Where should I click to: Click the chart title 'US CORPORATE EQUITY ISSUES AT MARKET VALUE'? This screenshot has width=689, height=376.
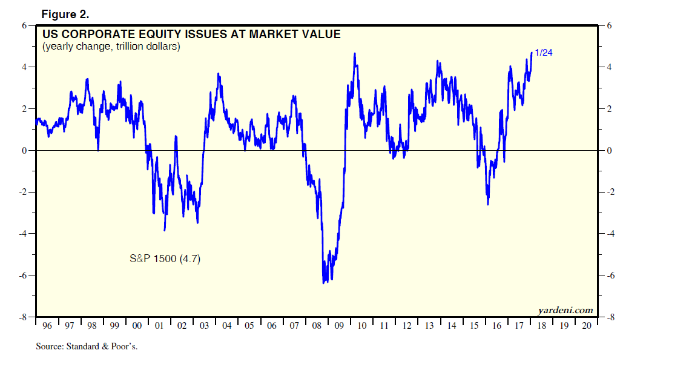(191, 35)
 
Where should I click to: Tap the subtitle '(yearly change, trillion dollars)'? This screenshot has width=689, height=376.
(111, 47)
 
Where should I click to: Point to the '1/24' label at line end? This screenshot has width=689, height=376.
(543, 53)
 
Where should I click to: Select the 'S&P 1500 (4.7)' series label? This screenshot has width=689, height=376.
(165, 259)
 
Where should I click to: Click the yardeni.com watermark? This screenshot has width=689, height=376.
(565, 310)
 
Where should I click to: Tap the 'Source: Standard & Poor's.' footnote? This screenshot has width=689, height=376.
(87, 347)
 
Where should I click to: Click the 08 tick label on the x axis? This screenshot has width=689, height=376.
(317, 326)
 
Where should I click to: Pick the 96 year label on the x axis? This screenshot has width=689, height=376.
(47, 326)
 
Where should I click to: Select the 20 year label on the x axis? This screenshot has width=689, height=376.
(586, 326)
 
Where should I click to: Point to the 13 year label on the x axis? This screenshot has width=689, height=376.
(429, 326)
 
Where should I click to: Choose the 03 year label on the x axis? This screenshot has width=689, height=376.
(204, 326)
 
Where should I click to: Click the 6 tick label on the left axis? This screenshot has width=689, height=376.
(25, 25)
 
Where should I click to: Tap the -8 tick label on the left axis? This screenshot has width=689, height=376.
(23, 317)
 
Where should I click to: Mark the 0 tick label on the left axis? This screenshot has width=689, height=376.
(25, 151)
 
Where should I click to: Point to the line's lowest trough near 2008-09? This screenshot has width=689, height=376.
(324, 282)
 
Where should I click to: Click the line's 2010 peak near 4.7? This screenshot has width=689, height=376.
(354, 53)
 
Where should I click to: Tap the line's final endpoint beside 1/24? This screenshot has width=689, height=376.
(532, 53)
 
